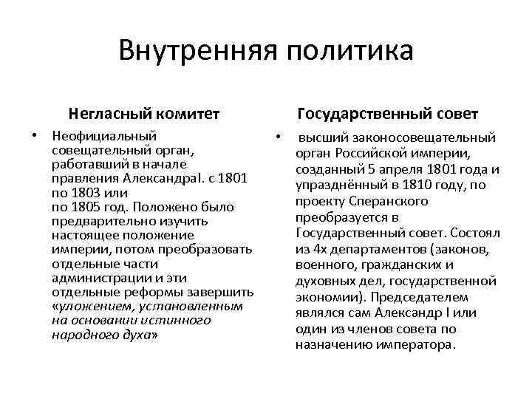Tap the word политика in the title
click(x=344, y=51)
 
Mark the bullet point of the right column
click(x=276, y=137)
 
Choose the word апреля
click(x=389, y=169)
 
